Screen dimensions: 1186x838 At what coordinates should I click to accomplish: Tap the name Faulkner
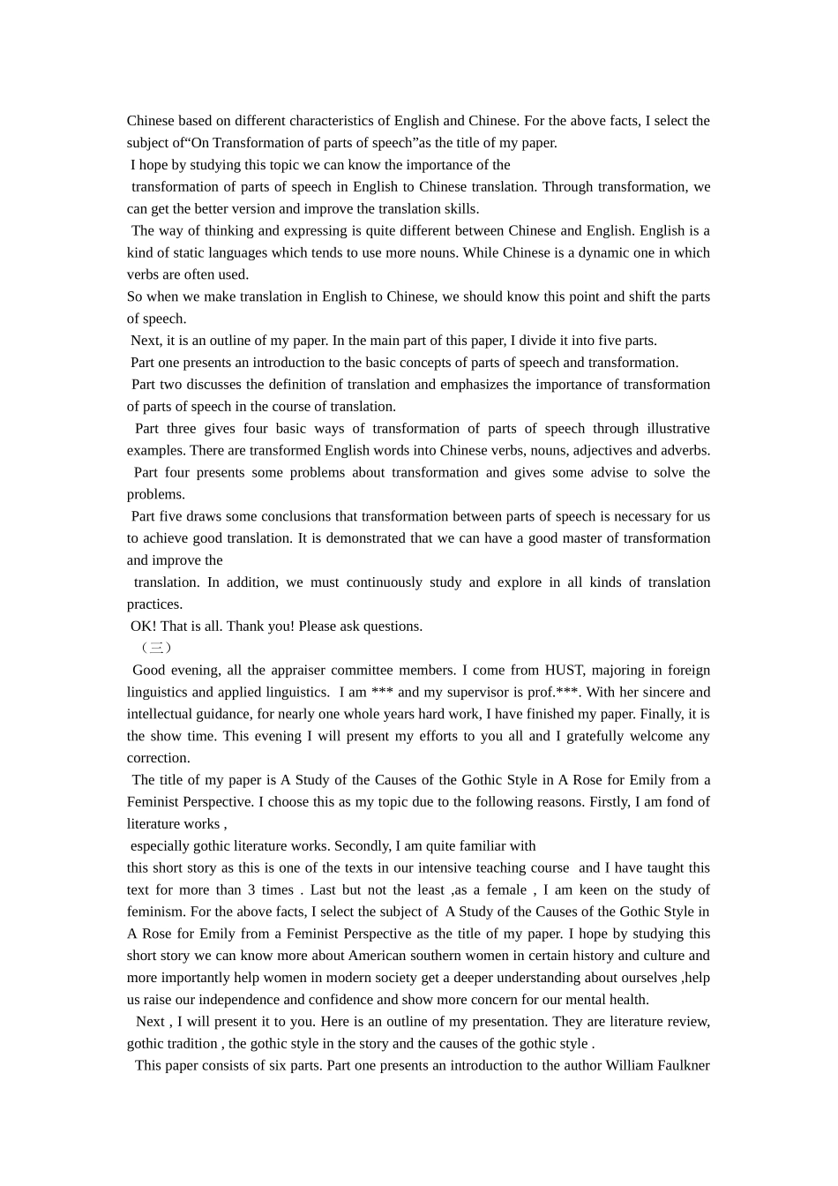point(679,1066)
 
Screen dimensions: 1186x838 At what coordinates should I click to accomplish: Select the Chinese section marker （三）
point(155,649)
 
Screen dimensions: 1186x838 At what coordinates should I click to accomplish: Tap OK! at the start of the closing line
point(144,627)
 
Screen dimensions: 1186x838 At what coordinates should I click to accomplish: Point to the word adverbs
point(685,451)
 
